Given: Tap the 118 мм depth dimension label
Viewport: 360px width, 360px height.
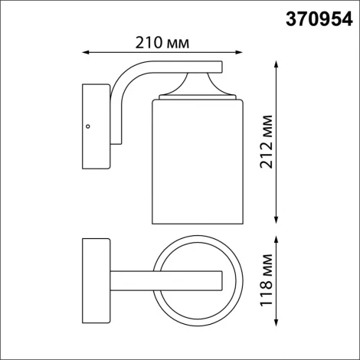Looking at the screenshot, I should pos(264,280).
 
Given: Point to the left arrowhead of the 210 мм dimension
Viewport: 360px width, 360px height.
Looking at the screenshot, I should pos(84,52).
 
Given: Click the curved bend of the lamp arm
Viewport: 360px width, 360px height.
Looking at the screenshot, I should pos(126,77).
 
